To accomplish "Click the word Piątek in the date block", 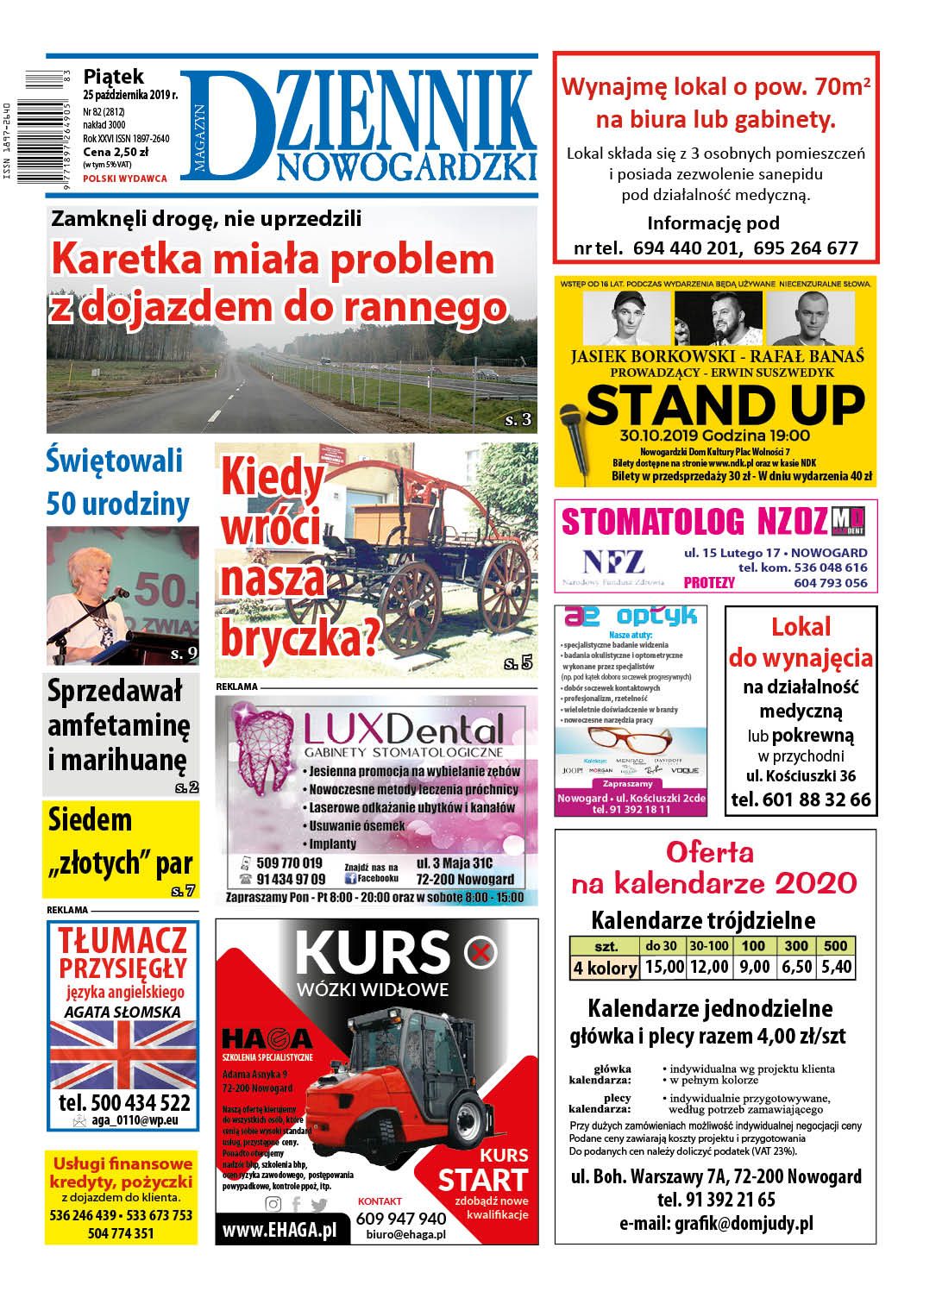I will tap(113, 77).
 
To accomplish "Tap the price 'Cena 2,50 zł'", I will tap(116, 152).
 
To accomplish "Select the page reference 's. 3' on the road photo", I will tap(518, 420).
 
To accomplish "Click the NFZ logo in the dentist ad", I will tap(612, 562).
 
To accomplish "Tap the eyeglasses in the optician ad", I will tap(630, 740).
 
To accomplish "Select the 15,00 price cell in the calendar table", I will tap(664, 967).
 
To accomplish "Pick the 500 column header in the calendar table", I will tap(835, 945).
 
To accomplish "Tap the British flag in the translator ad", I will tap(123, 1055).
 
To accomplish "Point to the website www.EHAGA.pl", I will tap(279, 1230).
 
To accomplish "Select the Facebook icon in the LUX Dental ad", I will tap(350, 879).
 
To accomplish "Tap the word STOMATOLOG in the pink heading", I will tap(652, 523).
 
